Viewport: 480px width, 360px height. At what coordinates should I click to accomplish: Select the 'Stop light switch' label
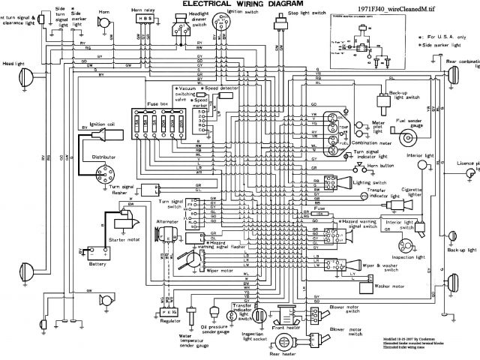[x=307, y=13]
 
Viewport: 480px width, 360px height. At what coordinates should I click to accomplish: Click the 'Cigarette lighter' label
[x=410, y=191]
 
